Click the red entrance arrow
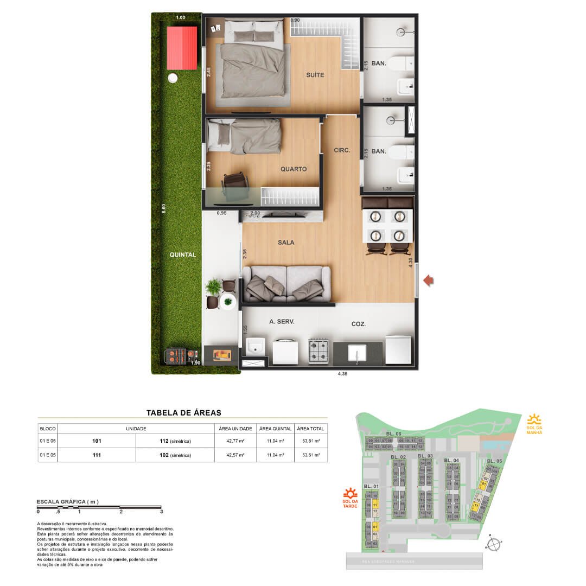point(429,280)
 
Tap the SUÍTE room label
point(315,75)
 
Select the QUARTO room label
point(294,169)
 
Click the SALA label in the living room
point(285,243)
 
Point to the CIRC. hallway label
point(342,150)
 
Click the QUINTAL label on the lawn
point(182,254)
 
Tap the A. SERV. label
point(282,322)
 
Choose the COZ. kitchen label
point(358,324)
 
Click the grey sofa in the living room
point(286,283)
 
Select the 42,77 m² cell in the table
point(235,441)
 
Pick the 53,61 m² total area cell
point(310,455)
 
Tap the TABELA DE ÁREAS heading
point(184,413)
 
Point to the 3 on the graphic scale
point(162,512)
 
